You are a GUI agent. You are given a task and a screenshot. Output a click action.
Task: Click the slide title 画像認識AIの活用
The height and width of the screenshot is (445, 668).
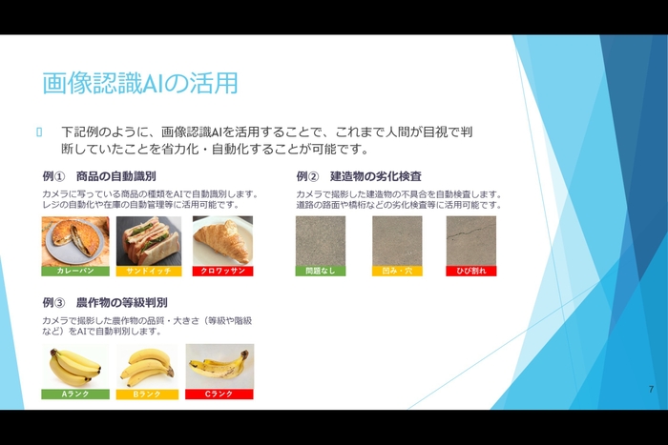point(139,83)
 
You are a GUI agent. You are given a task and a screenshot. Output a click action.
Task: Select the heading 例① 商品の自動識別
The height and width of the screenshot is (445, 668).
point(99,176)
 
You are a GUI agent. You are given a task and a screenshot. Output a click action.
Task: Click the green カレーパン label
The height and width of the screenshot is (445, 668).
point(75,271)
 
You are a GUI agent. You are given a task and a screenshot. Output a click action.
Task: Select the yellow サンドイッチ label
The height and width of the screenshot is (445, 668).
point(148,271)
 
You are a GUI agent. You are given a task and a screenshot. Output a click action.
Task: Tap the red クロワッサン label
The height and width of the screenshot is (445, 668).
point(222,271)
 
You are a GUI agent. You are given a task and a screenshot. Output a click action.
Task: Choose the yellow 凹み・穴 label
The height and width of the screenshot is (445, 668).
point(396,271)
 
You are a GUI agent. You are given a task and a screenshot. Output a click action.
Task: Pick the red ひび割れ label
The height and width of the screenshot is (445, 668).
point(470,271)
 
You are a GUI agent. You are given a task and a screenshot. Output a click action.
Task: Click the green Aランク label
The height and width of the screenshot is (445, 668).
point(75,394)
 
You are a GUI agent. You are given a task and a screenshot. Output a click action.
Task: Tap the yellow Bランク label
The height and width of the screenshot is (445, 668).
point(148,394)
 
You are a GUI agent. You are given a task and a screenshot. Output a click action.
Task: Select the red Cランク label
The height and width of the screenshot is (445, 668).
point(219,394)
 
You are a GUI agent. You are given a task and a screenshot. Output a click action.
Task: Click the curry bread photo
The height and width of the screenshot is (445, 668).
point(75,240)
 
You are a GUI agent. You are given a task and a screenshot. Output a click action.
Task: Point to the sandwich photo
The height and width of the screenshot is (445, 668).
point(148,240)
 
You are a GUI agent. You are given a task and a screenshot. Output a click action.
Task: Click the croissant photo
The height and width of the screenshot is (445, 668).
point(222,240)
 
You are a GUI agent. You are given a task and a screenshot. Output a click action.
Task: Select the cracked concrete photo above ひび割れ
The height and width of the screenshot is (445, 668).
point(470,240)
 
